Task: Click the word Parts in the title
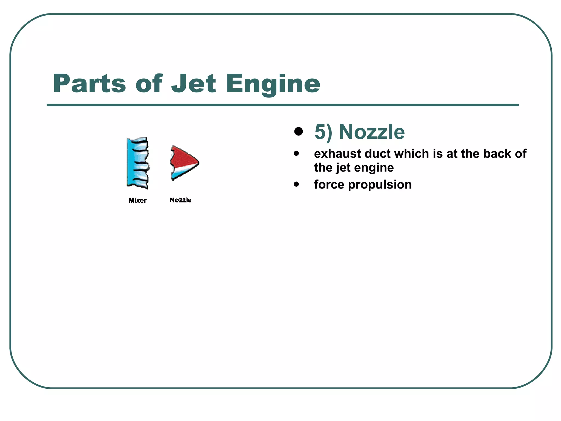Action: click(x=89, y=84)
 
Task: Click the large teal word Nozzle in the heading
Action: click(x=372, y=132)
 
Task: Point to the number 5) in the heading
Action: click(x=323, y=132)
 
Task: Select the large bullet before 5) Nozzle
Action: click(x=298, y=132)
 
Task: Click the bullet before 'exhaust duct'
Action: click(x=296, y=153)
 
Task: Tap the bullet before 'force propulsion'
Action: click(x=296, y=184)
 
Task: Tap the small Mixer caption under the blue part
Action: click(x=138, y=200)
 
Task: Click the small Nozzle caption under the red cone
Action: click(x=181, y=200)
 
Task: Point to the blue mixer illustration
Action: click(x=138, y=163)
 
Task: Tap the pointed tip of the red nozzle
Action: click(x=198, y=162)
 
